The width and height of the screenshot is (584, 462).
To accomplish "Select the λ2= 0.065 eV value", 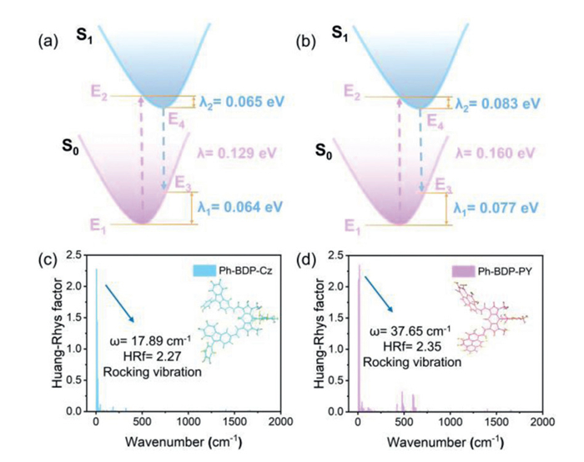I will [x=243, y=103].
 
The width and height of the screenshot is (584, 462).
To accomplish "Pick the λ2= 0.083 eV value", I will [x=501, y=103].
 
